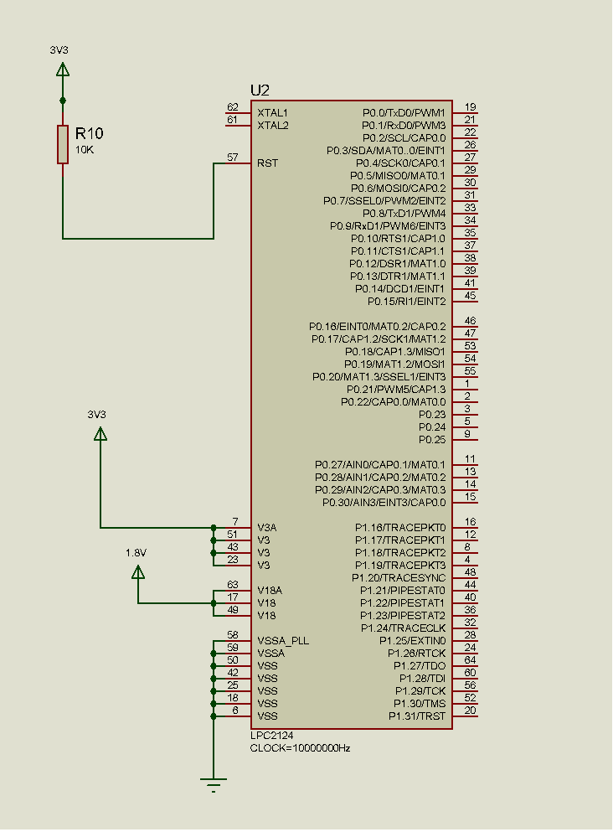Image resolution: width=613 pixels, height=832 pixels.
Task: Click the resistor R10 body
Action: pyautogui.click(x=62, y=144)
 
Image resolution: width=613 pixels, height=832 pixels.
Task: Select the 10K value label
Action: pyautogui.click(x=85, y=149)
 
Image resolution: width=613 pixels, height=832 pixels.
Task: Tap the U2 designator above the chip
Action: pyautogui.click(x=260, y=90)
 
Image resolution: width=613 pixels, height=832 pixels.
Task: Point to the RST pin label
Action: pyautogui.click(x=268, y=163)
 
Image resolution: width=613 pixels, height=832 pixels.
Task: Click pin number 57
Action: pyautogui.click(x=233, y=158)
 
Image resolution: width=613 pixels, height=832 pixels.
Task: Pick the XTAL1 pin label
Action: pyautogui.click(x=273, y=112)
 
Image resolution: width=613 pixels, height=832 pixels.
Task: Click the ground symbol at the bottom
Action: pyautogui.click(x=214, y=785)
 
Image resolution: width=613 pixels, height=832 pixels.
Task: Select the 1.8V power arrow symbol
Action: pyautogui.click(x=138, y=571)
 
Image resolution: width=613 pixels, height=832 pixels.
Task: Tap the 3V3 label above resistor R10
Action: pyautogui.click(x=59, y=50)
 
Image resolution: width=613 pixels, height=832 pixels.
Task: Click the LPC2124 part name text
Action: pyautogui.click(x=271, y=736)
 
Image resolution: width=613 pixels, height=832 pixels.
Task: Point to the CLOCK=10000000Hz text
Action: pyautogui.click(x=300, y=747)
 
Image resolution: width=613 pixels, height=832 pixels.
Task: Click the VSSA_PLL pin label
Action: pyautogui.click(x=283, y=640)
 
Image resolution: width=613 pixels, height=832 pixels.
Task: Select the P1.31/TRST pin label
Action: pyautogui.click(x=416, y=716)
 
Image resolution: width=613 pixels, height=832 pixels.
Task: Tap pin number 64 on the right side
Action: pyautogui.click(x=471, y=660)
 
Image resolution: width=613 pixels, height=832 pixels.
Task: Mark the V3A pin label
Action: pyautogui.click(x=267, y=527)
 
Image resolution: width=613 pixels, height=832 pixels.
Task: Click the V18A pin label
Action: pyautogui.click(x=270, y=590)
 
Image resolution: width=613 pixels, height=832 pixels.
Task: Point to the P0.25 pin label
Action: pyautogui.click(x=432, y=439)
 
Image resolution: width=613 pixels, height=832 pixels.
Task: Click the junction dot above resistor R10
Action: pyautogui.click(x=62, y=101)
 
